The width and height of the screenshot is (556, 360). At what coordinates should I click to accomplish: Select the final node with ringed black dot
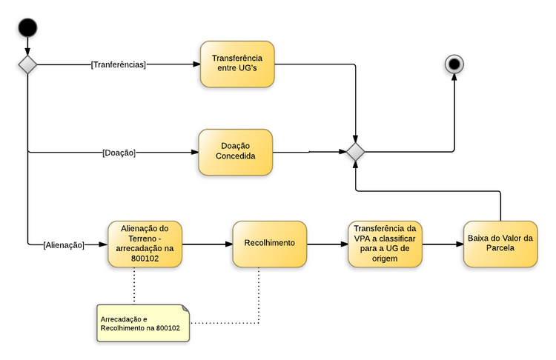[x=454, y=64]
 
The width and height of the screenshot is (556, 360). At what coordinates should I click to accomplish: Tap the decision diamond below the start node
[x=27, y=64]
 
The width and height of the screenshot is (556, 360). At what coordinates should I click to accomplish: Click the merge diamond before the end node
[x=357, y=153]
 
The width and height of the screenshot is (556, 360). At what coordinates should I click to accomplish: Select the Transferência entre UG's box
[x=237, y=64]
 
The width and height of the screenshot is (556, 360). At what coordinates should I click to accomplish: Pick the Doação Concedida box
[x=236, y=152]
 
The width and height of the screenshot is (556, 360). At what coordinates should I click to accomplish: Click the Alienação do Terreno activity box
[x=145, y=244]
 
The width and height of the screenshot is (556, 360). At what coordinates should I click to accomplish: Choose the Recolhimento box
[x=270, y=244]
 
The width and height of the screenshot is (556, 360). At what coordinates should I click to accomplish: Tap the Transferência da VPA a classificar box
[x=385, y=244]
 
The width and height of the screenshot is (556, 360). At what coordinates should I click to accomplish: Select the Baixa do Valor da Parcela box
[x=500, y=244]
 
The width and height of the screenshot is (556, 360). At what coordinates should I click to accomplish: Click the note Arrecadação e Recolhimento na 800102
[x=141, y=323]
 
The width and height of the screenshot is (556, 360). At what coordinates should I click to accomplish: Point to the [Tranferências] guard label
[x=119, y=64]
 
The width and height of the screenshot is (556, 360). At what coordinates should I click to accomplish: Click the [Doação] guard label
[x=119, y=153]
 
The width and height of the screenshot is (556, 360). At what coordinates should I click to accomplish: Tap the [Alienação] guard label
[x=64, y=244]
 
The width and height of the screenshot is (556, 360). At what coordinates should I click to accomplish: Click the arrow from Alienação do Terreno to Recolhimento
[x=207, y=244]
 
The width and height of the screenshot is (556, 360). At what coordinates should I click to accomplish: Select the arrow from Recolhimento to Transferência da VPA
[x=327, y=244]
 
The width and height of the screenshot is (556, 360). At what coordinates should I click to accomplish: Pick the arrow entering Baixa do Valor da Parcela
[x=443, y=244]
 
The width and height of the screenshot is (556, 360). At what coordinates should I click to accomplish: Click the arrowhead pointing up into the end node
[x=454, y=78]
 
